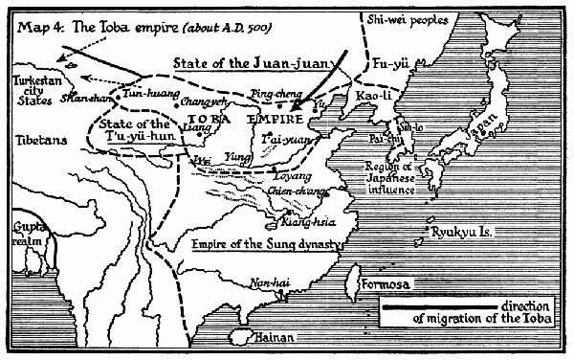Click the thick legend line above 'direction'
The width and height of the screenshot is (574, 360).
[x=430, y=306]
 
